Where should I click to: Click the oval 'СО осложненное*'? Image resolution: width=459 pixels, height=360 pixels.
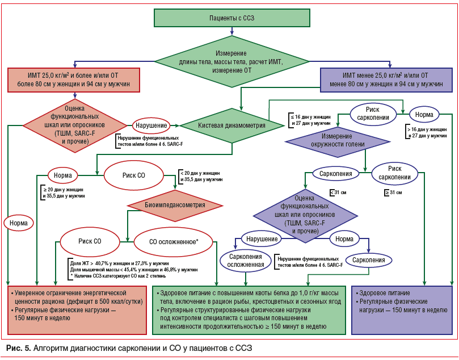pyautogui.click(x=173, y=241)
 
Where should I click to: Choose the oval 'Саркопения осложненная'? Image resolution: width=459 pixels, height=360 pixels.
pyautogui.click(x=245, y=259)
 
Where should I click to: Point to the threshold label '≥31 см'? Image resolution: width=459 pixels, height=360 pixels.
pyautogui.click(x=393, y=192)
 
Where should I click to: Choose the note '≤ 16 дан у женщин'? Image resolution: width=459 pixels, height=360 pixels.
pyautogui.click(x=310, y=119)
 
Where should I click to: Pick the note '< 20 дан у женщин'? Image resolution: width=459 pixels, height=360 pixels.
pyautogui.click(x=201, y=175)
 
